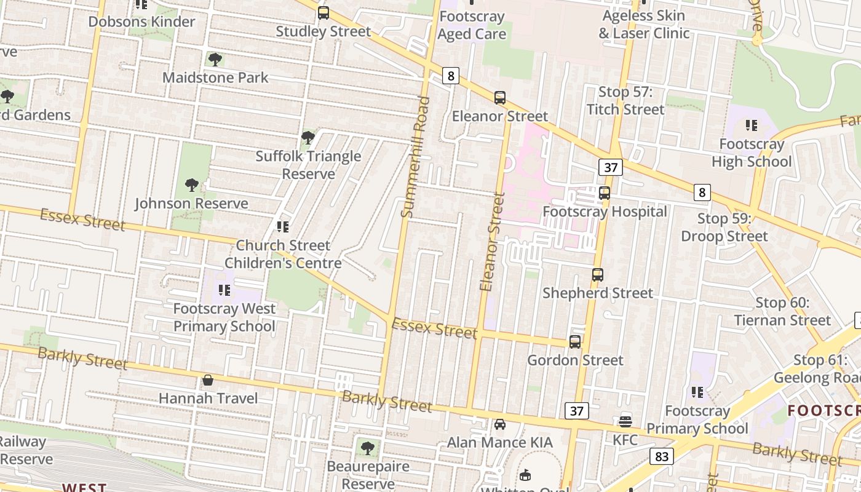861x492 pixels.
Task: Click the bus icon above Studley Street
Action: click(x=323, y=13)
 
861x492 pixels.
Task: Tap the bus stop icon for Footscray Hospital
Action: click(x=605, y=193)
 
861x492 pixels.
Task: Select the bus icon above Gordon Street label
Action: click(x=575, y=342)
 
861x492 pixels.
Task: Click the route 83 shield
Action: click(x=661, y=456)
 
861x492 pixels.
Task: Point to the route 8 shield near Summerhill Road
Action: click(x=451, y=76)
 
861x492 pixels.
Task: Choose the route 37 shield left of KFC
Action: click(x=576, y=411)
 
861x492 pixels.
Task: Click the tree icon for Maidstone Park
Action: click(x=215, y=60)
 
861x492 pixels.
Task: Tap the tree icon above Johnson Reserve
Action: click(x=192, y=185)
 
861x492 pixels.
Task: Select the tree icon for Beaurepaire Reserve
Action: click(x=367, y=448)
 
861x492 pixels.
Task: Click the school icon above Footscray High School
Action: click(x=752, y=126)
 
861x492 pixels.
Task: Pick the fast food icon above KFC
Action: click(x=625, y=421)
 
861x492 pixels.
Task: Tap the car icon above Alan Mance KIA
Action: click(x=500, y=424)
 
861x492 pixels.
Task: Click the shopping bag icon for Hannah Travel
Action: click(x=208, y=380)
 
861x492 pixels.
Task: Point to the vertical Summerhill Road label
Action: click(x=415, y=157)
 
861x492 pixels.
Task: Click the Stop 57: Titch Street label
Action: click(x=625, y=101)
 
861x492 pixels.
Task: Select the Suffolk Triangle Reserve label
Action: click(x=308, y=165)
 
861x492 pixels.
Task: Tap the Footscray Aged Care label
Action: click(x=472, y=25)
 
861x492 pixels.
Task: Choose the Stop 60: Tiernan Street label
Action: click(x=782, y=311)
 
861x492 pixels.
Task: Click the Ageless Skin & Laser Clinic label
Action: click(x=644, y=24)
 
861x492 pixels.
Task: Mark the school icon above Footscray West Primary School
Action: click(x=224, y=290)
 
